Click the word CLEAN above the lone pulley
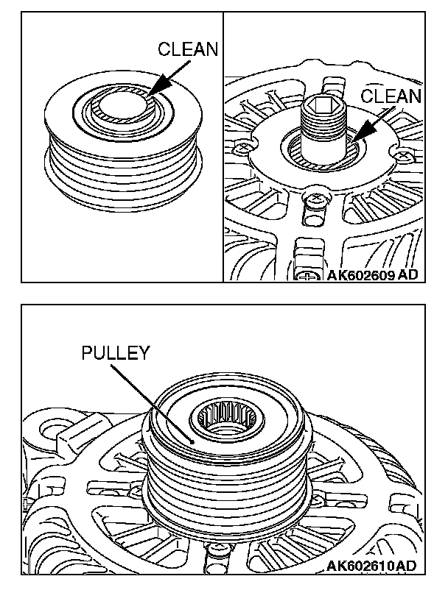tap(188, 50)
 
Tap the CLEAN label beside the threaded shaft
tap(392, 97)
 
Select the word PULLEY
tap(114, 352)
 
